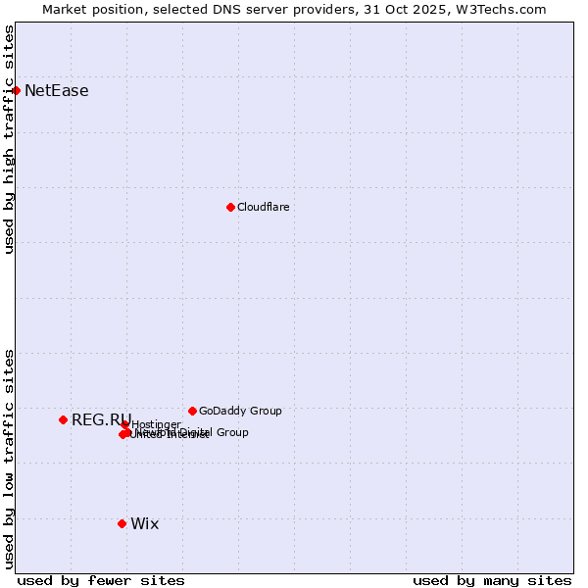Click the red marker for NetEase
(x=16, y=90)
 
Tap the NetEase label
(x=57, y=91)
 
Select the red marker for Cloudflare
(x=230, y=207)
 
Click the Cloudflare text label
(x=264, y=207)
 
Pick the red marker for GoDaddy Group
(x=192, y=411)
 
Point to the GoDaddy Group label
(x=240, y=411)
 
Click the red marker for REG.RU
(x=63, y=419)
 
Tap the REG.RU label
(x=100, y=419)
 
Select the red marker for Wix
(x=122, y=523)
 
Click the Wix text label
(x=144, y=523)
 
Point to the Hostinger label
(x=157, y=424)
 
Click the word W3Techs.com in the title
(x=499, y=9)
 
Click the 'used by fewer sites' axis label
(x=101, y=580)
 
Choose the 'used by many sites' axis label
(x=492, y=580)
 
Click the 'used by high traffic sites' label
(x=9, y=139)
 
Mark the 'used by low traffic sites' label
(x=9, y=459)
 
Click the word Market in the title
(x=65, y=9)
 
